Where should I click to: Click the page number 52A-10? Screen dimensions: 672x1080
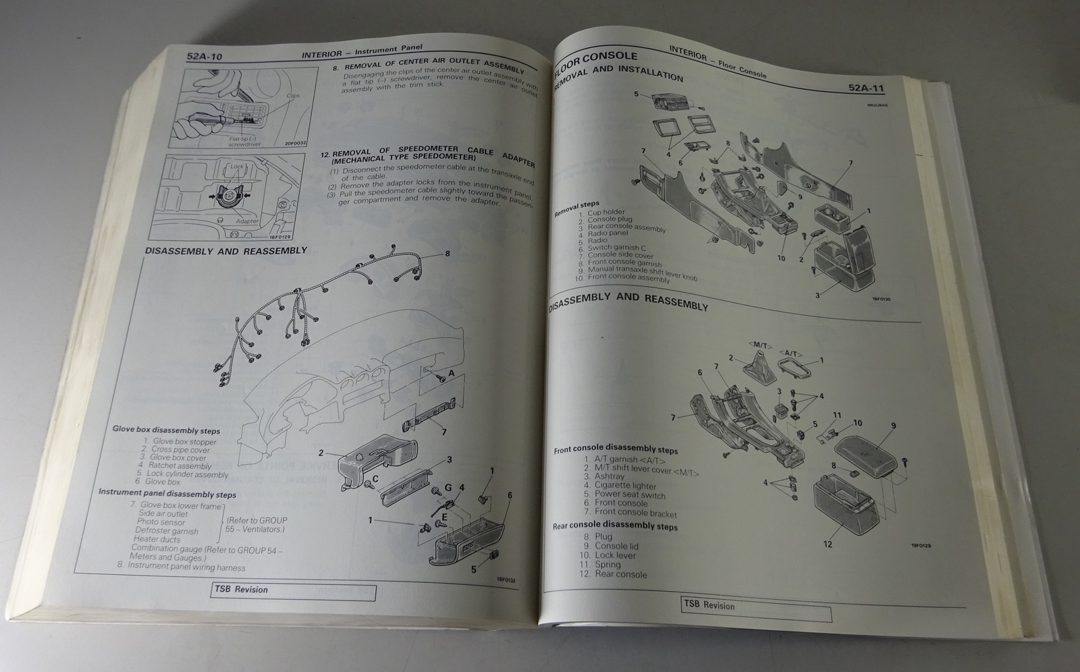pyautogui.click(x=205, y=57)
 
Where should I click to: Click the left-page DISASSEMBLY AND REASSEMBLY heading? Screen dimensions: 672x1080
pyautogui.click(x=226, y=250)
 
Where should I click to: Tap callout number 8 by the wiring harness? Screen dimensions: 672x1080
pyautogui.click(x=447, y=254)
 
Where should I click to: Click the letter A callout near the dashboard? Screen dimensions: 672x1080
pyautogui.click(x=451, y=373)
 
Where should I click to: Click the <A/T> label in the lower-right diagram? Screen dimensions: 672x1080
pyautogui.click(x=790, y=352)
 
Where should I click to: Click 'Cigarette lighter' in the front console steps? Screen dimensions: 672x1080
pyautogui.click(x=625, y=485)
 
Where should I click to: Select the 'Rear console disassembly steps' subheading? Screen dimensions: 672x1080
pyautogui.click(x=615, y=526)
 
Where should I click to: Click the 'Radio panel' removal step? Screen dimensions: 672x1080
pyautogui.click(x=607, y=233)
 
